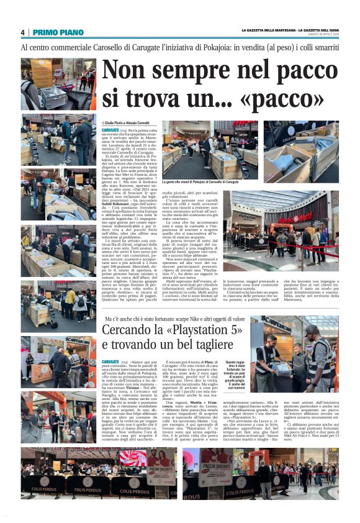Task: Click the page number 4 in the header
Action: (22, 32)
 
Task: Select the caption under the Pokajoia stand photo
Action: (200, 182)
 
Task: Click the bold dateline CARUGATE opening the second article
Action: (110, 361)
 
